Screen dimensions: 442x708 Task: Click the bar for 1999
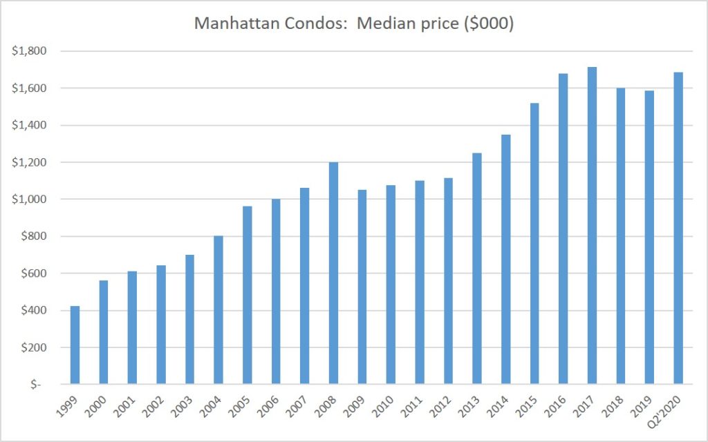(75, 345)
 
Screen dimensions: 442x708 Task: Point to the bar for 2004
(218, 310)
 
